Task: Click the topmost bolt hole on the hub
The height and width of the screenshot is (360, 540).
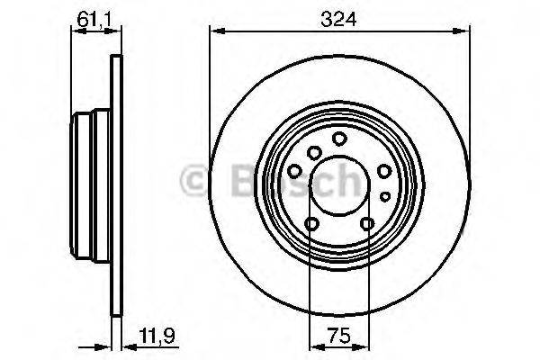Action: [338, 139]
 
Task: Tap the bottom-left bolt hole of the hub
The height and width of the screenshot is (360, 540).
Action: [310, 225]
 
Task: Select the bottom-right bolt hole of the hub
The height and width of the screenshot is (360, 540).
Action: [366, 225]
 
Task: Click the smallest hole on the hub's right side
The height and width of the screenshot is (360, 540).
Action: [384, 195]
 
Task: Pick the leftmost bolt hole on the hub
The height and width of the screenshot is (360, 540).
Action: [294, 171]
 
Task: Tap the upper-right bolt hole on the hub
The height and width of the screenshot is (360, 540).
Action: [383, 171]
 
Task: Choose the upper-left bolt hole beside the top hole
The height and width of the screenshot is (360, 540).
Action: [311, 152]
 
